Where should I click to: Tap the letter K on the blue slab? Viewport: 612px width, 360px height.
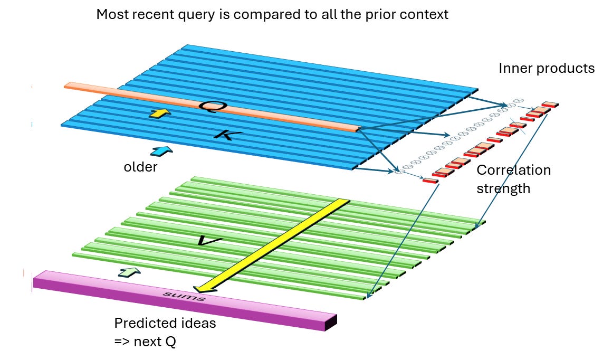click(228, 135)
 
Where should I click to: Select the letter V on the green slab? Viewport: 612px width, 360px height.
click(209, 241)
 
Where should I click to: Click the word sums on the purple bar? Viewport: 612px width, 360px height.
click(184, 296)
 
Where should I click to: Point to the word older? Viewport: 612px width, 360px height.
click(140, 167)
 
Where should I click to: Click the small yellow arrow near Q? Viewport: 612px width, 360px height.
click(160, 113)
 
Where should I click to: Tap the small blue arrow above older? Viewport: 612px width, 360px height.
click(161, 151)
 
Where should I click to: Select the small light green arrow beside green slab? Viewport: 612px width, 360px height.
click(129, 272)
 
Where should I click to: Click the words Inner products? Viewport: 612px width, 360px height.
click(547, 68)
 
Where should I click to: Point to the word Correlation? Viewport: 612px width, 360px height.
click(514, 170)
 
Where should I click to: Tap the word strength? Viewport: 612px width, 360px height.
click(503, 188)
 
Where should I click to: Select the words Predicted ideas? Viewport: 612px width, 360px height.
click(165, 323)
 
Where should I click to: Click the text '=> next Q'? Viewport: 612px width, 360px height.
click(145, 342)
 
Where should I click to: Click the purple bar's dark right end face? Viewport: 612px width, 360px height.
click(331, 322)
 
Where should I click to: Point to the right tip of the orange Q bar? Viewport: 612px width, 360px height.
click(359, 128)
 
